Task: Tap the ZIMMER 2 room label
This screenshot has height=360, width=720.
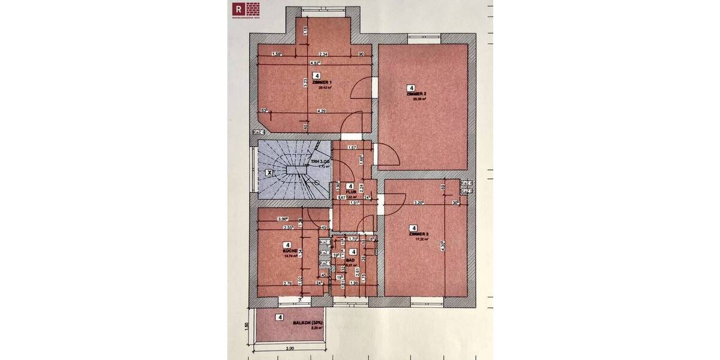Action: click(416, 94)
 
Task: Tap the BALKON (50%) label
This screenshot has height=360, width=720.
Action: click(308, 323)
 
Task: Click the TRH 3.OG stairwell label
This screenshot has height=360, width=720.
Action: click(320, 162)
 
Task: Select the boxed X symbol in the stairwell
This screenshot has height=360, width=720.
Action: click(269, 172)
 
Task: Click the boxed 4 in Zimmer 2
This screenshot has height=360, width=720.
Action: click(411, 88)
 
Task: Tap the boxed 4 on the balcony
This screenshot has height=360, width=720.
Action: click(280, 317)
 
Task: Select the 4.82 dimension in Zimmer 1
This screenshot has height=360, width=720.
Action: click(315, 62)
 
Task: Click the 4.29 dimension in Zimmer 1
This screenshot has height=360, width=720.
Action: click(322, 111)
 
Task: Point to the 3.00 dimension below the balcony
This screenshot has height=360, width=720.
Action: click(290, 349)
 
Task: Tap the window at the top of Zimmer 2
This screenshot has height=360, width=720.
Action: click(424, 37)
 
